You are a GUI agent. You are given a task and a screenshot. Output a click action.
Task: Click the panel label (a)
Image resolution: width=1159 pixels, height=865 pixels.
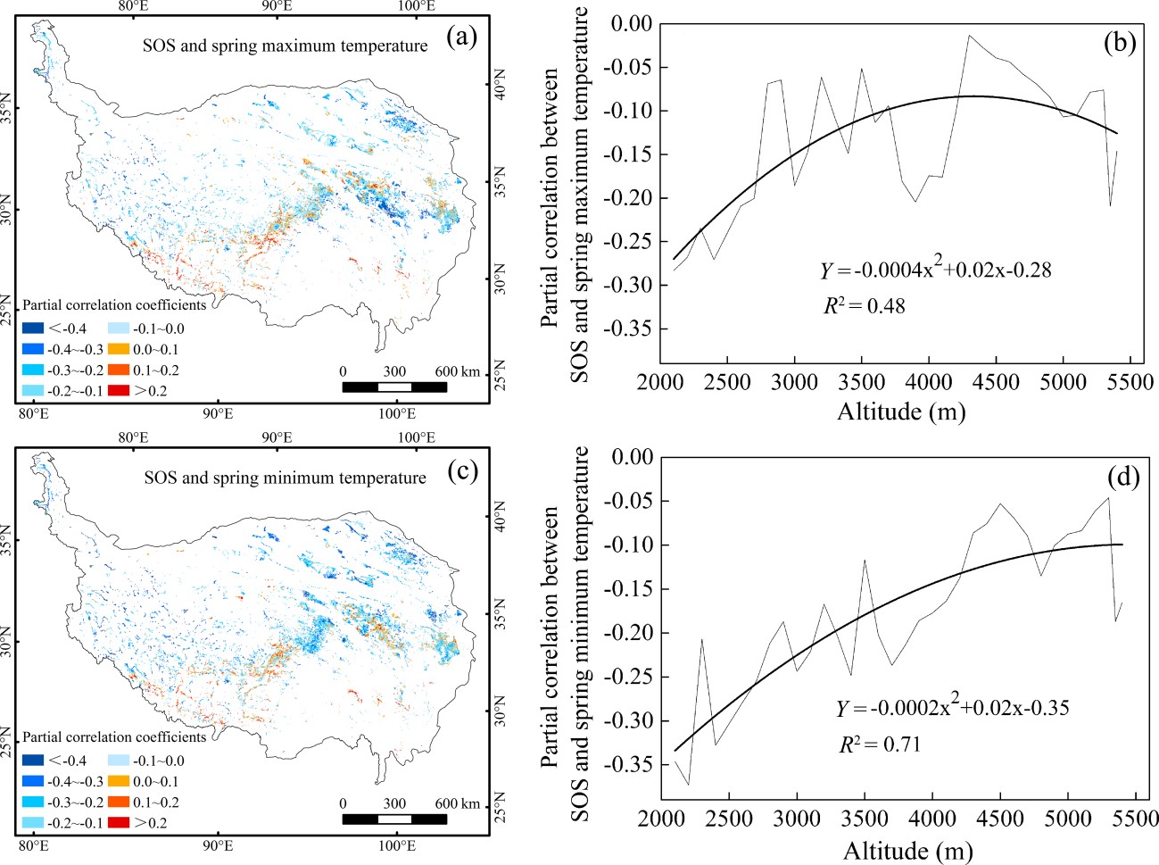click(460, 37)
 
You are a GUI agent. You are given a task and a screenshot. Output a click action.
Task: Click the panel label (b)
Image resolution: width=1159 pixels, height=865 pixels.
click(1119, 43)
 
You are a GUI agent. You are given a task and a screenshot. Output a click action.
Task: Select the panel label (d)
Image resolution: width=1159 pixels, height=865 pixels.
click(1122, 478)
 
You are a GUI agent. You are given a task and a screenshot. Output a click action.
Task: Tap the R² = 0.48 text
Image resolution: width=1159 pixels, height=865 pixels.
click(864, 306)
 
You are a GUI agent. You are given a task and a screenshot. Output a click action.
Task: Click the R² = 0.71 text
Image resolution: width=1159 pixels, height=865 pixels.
click(879, 744)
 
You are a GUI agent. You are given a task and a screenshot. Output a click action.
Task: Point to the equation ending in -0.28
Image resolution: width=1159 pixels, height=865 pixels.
click(935, 270)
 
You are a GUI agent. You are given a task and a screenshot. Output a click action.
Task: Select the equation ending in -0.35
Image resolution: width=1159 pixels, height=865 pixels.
click(951, 708)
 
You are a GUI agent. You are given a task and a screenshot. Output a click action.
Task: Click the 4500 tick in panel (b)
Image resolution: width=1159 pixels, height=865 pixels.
click(995, 382)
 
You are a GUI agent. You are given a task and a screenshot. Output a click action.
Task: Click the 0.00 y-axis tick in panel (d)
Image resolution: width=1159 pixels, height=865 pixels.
click(630, 457)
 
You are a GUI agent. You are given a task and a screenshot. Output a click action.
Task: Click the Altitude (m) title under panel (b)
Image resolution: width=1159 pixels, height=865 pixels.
click(901, 412)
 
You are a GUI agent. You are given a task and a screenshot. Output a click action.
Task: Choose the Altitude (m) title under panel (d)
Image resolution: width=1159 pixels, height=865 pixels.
click(907, 850)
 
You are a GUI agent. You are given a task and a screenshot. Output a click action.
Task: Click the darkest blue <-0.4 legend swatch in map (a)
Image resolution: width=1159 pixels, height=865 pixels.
click(32, 329)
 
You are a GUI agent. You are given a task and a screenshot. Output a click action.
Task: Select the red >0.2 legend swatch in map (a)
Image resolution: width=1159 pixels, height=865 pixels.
click(118, 390)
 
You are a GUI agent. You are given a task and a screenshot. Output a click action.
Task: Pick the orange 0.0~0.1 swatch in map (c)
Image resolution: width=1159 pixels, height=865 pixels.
click(118, 781)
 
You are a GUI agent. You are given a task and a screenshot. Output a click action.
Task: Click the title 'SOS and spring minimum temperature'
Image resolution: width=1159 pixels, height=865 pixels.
click(285, 478)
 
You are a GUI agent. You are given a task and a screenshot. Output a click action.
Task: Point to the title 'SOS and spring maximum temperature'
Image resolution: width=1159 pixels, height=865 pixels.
click(285, 46)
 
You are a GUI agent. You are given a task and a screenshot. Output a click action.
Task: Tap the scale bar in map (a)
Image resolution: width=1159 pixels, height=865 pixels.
click(394, 387)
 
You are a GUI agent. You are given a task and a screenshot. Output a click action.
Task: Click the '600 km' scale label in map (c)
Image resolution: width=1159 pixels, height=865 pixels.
click(457, 803)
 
